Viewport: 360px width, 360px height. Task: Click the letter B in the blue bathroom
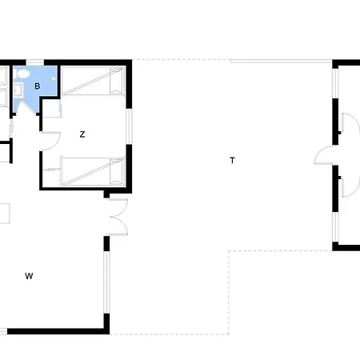click(38, 86)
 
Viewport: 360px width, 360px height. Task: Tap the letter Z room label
click(82, 134)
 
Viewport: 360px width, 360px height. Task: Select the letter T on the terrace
click(232, 160)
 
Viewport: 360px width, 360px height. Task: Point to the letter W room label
click(29, 276)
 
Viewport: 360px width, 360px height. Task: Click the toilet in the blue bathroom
click(22, 74)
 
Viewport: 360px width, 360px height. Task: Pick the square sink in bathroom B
click(18, 90)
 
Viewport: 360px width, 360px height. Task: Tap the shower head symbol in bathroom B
click(54, 78)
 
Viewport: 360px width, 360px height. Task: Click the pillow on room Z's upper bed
click(116, 81)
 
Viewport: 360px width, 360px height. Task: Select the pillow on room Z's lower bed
click(116, 171)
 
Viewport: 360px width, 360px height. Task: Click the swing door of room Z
click(50, 141)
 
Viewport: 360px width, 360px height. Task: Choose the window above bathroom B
click(35, 62)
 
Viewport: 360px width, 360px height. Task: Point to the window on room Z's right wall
click(129, 126)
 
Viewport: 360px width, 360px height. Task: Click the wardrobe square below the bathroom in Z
click(51, 109)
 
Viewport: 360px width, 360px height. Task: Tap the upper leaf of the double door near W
click(119, 207)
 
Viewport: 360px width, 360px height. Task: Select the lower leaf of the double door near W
click(119, 226)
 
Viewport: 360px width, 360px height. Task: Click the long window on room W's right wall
click(106, 282)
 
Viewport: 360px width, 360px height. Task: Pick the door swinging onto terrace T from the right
click(323, 155)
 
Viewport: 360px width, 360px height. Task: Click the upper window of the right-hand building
click(335, 83)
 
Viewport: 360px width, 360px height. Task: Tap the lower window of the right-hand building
click(335, 227)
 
